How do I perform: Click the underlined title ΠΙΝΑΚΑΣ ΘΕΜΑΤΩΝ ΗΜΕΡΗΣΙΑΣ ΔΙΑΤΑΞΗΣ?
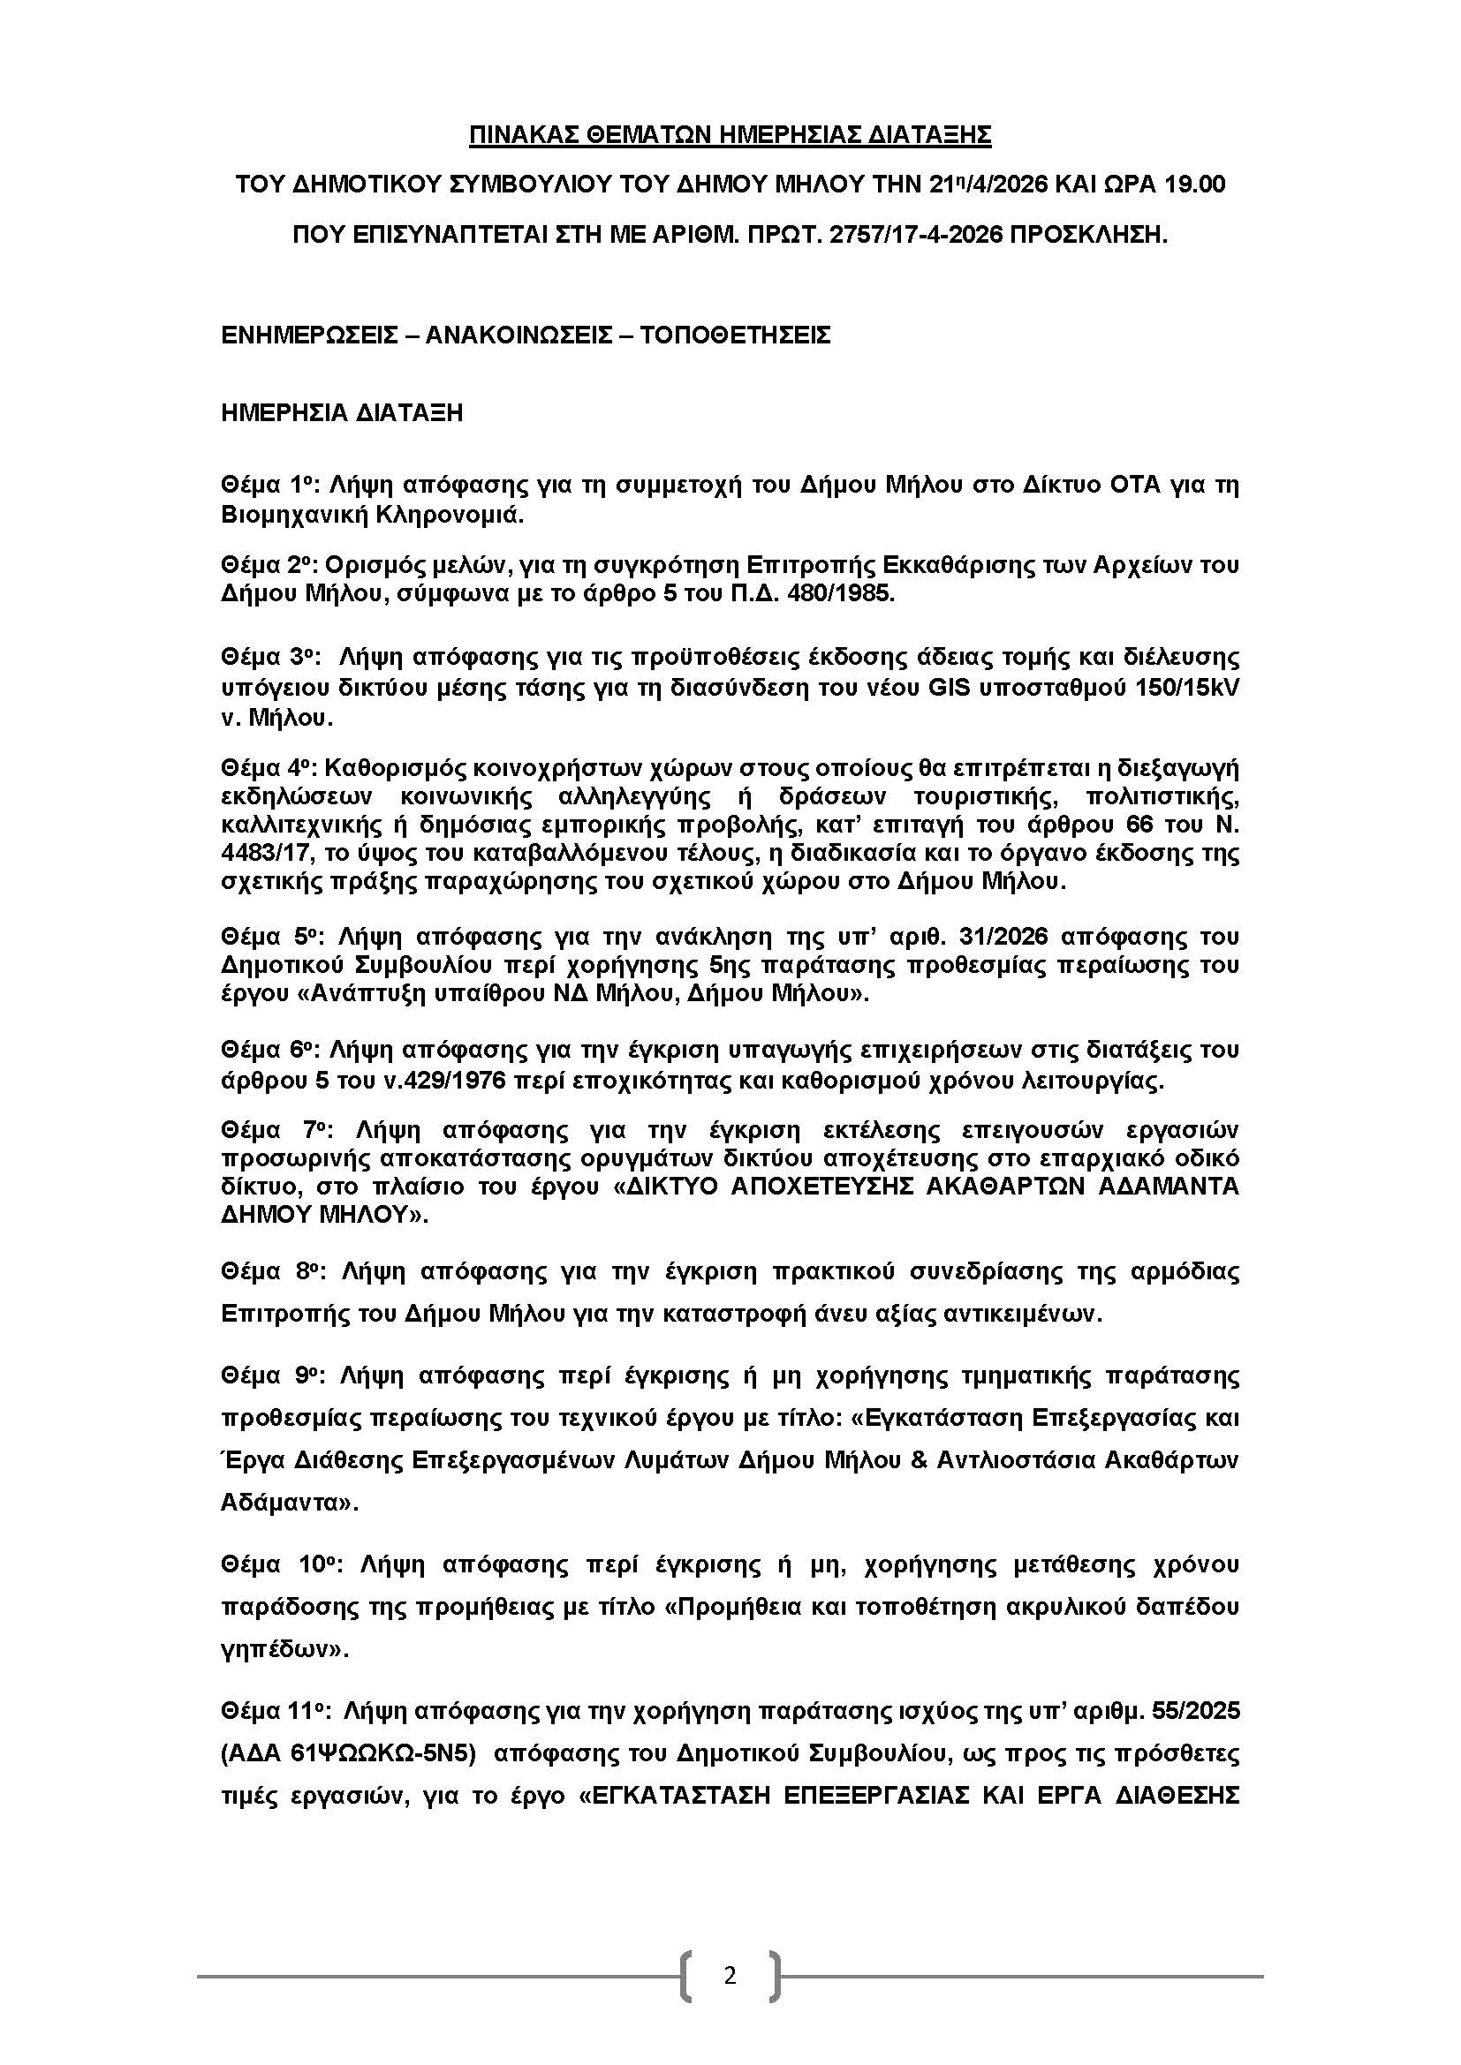pyautogui.click(x=730, y=135)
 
